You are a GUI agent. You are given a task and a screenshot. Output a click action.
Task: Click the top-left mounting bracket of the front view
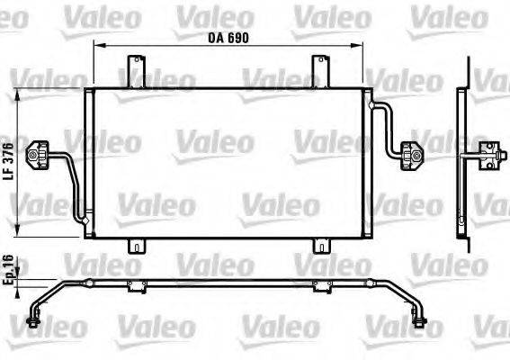coord(135,70)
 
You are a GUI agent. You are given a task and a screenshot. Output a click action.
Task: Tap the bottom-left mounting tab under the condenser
coord(136,246)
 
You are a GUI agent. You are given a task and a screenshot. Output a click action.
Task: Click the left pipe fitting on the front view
coord(39,155)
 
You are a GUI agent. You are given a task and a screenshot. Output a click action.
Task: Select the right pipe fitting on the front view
coord(416,155)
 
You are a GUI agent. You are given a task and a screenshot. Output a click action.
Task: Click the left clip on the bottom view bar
coord(136,286)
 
